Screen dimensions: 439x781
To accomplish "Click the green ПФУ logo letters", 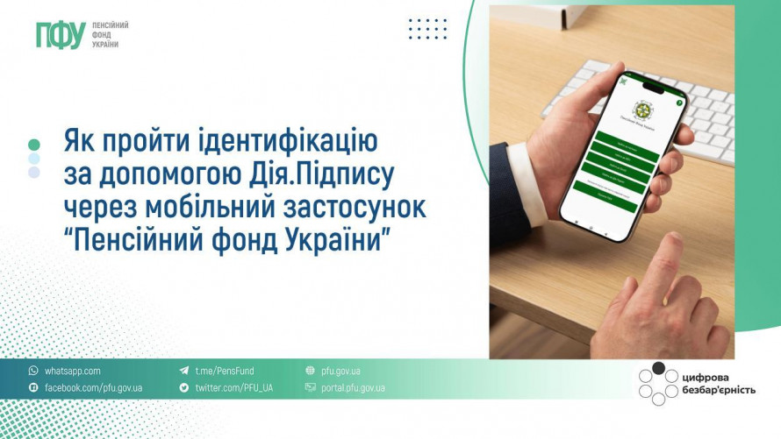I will point(59,35).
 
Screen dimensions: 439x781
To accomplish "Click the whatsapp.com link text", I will point(72,371).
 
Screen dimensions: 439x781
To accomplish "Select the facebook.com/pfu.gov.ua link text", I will point(93,387).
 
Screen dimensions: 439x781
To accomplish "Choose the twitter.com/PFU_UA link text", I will point(233,387).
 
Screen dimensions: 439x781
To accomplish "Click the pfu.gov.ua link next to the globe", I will point(340,371).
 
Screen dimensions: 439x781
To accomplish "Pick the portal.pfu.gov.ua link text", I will point(353,387).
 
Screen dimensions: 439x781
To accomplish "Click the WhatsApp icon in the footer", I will point(33,371).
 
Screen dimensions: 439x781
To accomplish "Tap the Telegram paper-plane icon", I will point(184,371).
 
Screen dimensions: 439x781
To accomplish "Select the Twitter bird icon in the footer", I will point(184,387).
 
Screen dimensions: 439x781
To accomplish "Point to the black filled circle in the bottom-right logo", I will point(658,368).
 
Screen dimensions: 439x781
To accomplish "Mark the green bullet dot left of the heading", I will point(34,144).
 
